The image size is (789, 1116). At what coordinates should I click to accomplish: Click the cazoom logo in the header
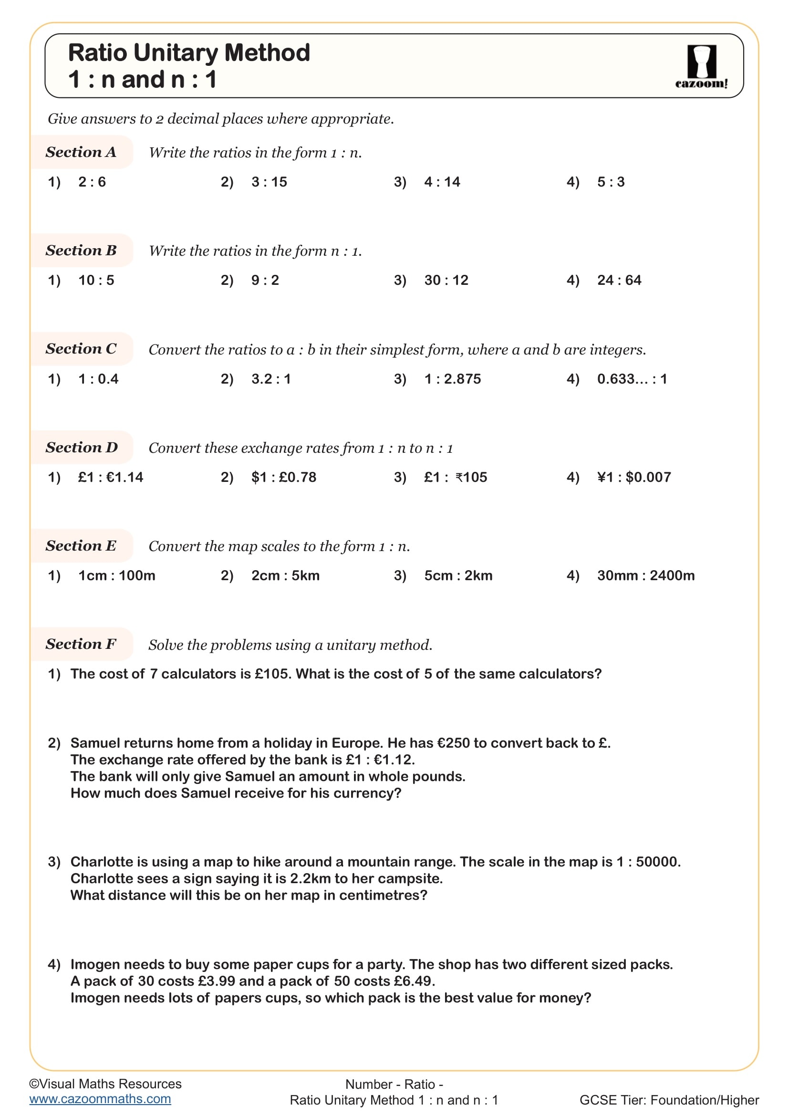click(x=701, y=67)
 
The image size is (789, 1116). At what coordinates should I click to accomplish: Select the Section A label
click(x=81, y=152)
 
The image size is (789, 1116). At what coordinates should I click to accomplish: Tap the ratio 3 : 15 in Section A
click(x=269, y=182)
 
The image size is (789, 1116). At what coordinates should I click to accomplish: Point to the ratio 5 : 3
click(x=611, y=182)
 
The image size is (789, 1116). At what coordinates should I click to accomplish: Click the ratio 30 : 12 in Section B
click(x=446, y=281)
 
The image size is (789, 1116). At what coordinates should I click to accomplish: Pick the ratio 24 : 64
click(x=619, y=281)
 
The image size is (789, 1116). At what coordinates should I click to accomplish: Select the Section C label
click(x=81, y=348)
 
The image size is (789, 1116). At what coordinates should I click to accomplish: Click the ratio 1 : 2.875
click(x=452, y=379)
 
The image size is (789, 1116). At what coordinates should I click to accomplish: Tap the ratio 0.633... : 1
click(x=632, y=379)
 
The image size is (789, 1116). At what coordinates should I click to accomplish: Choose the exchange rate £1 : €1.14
click(x=111, y=477)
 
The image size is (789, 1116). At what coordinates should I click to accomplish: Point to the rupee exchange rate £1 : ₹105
click(x=455, y=477)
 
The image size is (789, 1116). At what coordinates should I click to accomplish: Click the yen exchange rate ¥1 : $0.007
click(x=634, y=477)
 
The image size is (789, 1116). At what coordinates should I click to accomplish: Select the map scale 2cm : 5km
click(x=285, y=576)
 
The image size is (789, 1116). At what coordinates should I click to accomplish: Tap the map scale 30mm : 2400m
click(x=646, y=576)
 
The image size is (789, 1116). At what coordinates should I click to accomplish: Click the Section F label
click(x=81, y=644)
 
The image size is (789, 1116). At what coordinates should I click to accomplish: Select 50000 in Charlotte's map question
click(x=657, y=862)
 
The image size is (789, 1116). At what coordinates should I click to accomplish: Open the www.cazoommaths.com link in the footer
click(x=100, y=1099)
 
